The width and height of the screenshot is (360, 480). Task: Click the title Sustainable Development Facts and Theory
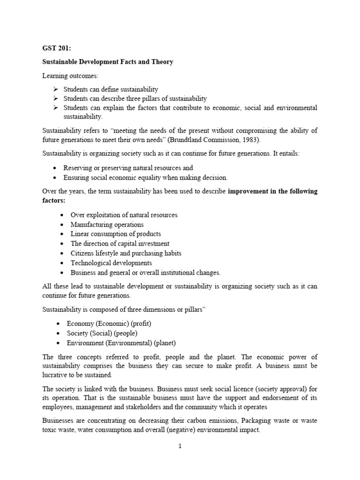point(108,62)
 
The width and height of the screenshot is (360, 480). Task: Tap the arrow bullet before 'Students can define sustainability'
point(55,89)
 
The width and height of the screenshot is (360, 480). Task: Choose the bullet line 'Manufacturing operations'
point(107,225)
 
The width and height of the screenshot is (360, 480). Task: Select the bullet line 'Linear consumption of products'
point(115,234)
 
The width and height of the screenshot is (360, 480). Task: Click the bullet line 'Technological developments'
point(111,263)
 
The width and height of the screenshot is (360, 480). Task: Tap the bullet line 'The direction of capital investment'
point(120,244)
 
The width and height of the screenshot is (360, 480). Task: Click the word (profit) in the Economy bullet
point(139,323)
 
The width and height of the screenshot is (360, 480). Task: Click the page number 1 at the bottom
point(180,446)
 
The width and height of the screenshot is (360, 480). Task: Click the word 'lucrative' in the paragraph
point(56,375)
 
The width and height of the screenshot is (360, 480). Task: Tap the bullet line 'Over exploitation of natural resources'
point(124,215)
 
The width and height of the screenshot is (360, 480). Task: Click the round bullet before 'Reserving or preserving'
point(56,168)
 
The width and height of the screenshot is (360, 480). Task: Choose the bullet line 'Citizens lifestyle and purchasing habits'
point(126,253)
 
